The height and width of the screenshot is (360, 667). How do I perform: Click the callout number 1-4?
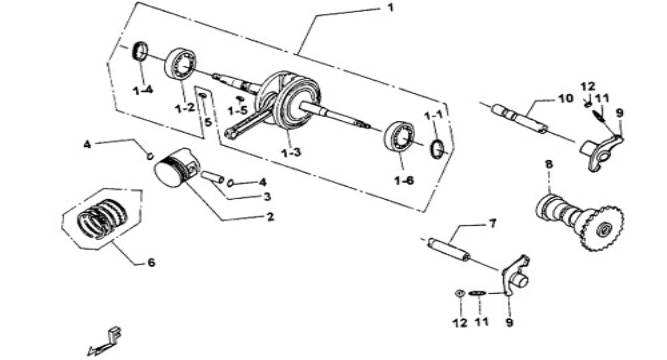click(x=143, y=90)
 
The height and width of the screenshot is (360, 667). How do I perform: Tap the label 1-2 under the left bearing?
click(x=185, y=109)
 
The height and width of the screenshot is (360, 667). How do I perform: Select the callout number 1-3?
click(x=290, y=151)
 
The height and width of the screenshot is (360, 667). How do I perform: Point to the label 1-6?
click(x=404, y=180)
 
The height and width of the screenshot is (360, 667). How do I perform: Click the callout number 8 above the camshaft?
click(x=549, y=164)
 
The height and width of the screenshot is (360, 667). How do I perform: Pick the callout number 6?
click(x=151, y=263)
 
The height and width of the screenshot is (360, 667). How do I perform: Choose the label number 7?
click(x=493, y=223)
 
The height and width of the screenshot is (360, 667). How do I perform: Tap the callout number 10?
click(x=565, y=99)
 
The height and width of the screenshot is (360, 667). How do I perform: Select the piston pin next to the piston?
click(x=212, y=176)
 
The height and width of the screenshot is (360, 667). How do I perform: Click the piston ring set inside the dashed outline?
click(x=103, y=219)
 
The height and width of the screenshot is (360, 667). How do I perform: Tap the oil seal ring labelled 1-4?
click(x=141, y=52)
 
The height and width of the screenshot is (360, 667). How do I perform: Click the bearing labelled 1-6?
click(x=399, y=136)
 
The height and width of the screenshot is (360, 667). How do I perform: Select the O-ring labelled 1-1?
click(x=438, y=149)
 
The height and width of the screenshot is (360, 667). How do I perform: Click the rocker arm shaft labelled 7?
click(x=449, y=250)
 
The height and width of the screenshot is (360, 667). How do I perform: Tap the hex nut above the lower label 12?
click(x=459, y=293)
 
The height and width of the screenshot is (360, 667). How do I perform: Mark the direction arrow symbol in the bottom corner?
click(x=105, y=341)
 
